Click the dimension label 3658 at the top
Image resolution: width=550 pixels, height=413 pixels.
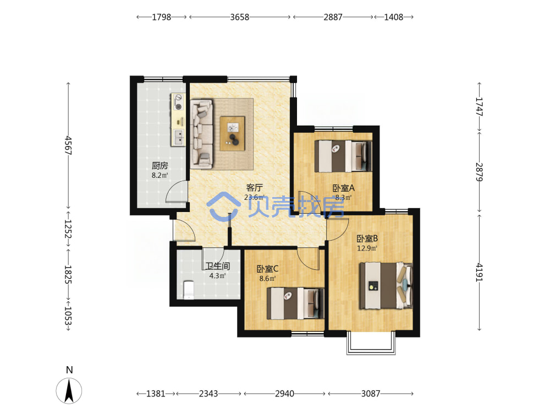pyautogui.click(x=240, y=17)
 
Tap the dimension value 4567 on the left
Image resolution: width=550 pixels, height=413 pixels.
pyautogui.click(x=68, y=145)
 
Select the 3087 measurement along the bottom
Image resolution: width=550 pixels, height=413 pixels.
pyautogui.click(x=371, y=394)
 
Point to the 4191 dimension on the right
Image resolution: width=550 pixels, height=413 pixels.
pyautogui.click(x=479, y=272)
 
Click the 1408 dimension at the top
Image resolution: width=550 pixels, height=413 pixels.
pyautogui.click(x=394, y=17)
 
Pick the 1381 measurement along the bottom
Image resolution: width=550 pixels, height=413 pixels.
pyautogui.click(x=156, y=394)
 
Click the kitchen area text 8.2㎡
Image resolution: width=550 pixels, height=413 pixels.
pyautogui.click(x=159, y=175)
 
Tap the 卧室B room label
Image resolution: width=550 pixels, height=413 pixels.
pyautogui.click(x=367, y=239)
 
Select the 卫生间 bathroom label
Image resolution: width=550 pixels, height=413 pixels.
pyautogui.click(x=217, y=266)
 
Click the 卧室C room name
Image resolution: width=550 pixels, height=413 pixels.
pyautogui.click(x=268, y=269)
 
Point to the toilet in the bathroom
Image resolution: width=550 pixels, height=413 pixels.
pyautogui.click(x=189, y=290)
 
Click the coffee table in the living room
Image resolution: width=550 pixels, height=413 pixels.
pyautogui.click(x=232, y=133)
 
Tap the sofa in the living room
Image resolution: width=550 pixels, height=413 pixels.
pyautogui.click(x=202, y=134)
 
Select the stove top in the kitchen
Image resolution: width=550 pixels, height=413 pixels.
pyautogui.click(x=179, y=102)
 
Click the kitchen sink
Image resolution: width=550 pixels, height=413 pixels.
pyautogui.click(x=179, y=137)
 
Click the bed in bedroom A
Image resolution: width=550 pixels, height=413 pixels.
pyautogui.click(x=343, y=156)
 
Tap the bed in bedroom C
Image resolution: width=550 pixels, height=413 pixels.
pyautogui.click(x=295, y=303)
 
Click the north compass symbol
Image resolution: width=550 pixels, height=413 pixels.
pyautogui.click(x=69, y=390)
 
